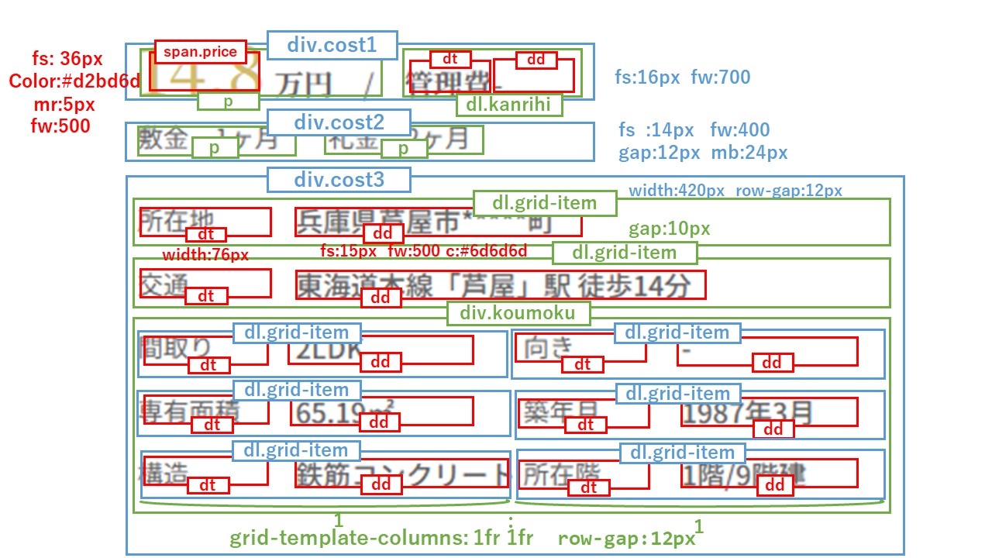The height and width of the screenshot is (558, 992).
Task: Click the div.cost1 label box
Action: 332,45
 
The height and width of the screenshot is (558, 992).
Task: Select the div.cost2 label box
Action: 338,122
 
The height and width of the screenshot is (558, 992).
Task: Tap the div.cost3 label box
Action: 339,181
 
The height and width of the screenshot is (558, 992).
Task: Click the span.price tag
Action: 200,52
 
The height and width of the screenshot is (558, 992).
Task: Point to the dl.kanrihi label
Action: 508,105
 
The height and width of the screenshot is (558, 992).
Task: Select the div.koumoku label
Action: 518,313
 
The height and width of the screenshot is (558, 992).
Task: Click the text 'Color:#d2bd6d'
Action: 74,81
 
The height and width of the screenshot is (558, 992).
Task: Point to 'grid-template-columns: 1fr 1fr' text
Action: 381,538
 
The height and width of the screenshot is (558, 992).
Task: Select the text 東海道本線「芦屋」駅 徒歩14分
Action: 493,285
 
